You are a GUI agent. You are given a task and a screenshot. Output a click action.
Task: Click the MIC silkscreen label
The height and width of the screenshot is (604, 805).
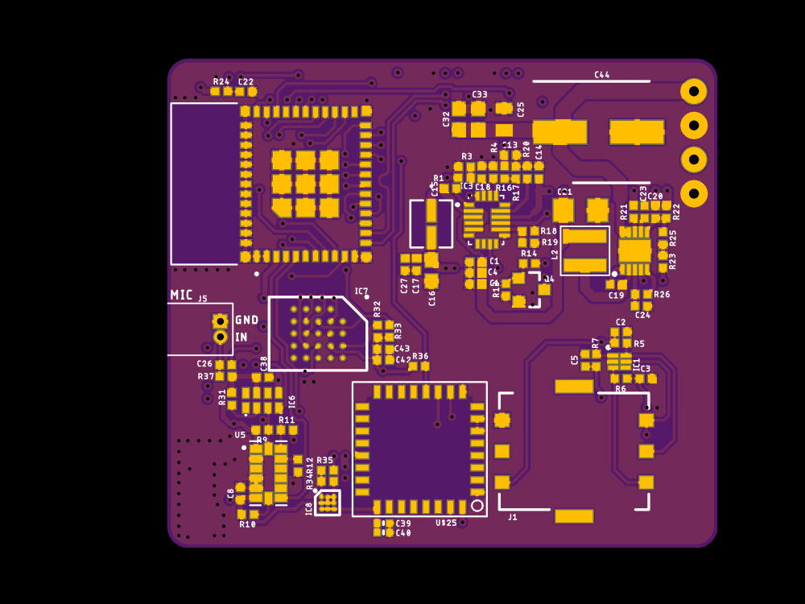coord(181,295)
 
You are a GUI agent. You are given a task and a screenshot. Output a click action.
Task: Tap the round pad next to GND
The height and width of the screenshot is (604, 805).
coord(220,321)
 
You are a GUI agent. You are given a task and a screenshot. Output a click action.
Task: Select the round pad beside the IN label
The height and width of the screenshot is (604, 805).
coord(220,337)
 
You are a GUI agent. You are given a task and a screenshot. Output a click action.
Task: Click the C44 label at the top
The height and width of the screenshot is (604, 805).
coord(602,75)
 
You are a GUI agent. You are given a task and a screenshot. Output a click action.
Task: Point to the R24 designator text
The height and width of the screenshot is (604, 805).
coord(221,81)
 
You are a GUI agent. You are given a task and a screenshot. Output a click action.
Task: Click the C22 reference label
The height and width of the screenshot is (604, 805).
coord(246,81)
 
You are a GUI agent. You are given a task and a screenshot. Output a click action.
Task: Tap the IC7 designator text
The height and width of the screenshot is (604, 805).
coord(361,292)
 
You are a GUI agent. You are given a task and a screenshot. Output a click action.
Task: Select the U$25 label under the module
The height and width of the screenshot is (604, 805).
coord(446,523)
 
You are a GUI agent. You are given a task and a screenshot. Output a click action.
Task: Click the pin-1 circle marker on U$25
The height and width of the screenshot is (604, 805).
coord(477,505)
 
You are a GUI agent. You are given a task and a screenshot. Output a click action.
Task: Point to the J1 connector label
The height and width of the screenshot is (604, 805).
coord(513,517)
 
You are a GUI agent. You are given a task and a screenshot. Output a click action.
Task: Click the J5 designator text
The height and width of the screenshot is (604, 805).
coord(203,299)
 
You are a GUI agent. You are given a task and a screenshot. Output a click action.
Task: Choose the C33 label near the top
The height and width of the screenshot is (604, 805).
coord(480,94)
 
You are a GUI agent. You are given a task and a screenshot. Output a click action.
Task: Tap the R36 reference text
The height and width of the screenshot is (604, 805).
coord(420,356)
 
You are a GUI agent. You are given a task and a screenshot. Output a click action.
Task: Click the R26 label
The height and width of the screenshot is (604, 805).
coord(662,295)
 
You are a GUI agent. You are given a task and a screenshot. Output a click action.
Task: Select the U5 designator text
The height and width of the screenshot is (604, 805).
coord(240,435)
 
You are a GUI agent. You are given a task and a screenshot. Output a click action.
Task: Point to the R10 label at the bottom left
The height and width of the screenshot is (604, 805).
coord(247,524)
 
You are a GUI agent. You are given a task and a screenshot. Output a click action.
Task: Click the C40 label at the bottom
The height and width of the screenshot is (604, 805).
coord(403,533)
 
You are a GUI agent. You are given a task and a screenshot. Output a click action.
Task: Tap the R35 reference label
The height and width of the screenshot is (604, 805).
coord(324,461)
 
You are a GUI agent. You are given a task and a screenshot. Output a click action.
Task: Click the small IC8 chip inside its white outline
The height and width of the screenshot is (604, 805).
coord(328,503)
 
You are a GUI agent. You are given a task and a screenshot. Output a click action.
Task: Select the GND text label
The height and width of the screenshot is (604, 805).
coord(247,320)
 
